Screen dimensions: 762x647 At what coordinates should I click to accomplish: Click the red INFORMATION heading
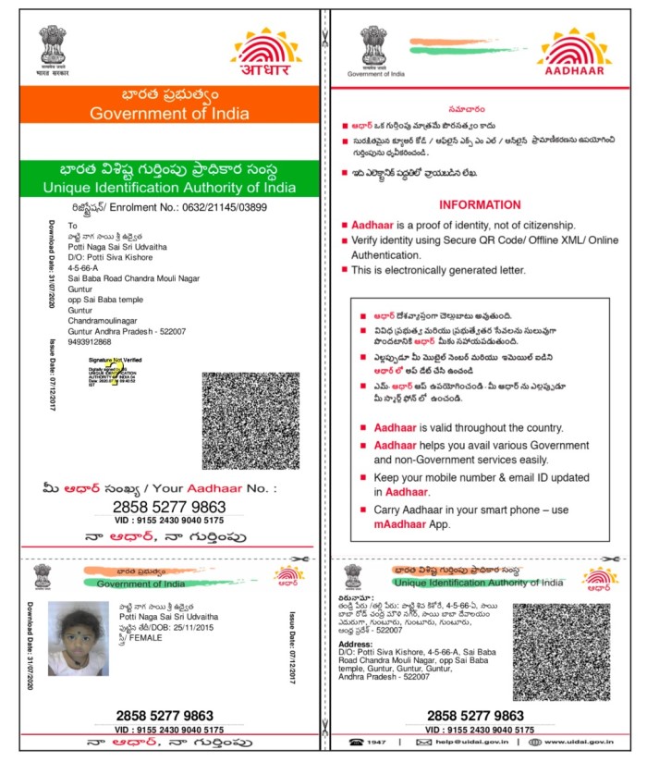[480, 204]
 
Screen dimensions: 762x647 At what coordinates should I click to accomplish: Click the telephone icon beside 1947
[356, 742]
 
